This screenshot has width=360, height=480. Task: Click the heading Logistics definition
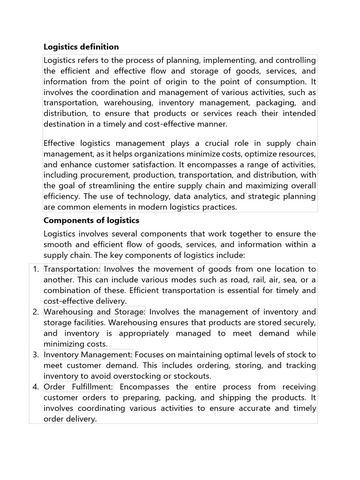point(81,47)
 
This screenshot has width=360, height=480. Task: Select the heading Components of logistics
point(91,220)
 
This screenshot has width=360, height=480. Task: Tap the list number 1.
point(36,269)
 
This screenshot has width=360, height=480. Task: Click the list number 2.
point(36,312)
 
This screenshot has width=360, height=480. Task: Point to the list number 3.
point(36,354)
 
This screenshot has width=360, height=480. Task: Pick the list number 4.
point(36,387)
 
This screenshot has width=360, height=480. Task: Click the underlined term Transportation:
point(72,269)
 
